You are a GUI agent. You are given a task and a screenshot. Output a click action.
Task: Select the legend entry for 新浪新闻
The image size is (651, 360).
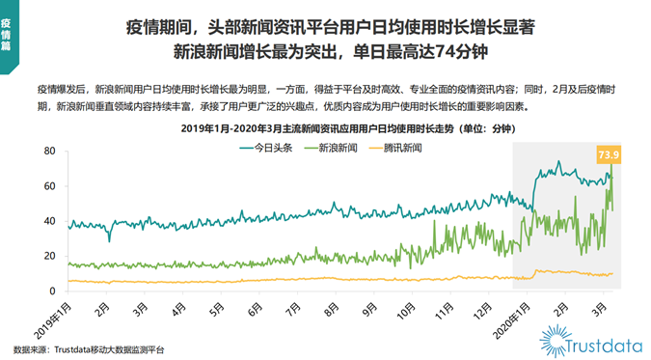tap(336, 148)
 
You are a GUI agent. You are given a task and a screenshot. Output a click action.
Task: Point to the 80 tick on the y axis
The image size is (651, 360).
tap(48, 152)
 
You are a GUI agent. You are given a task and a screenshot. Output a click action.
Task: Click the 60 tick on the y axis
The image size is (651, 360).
tap(48, 186)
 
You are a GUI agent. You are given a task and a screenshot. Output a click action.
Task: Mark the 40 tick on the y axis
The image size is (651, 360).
tap(48, 221)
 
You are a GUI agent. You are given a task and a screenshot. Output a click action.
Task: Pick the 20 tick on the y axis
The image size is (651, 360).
tap(48, 257)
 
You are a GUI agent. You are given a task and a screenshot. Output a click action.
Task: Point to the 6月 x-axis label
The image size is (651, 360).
tap(253, 310)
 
